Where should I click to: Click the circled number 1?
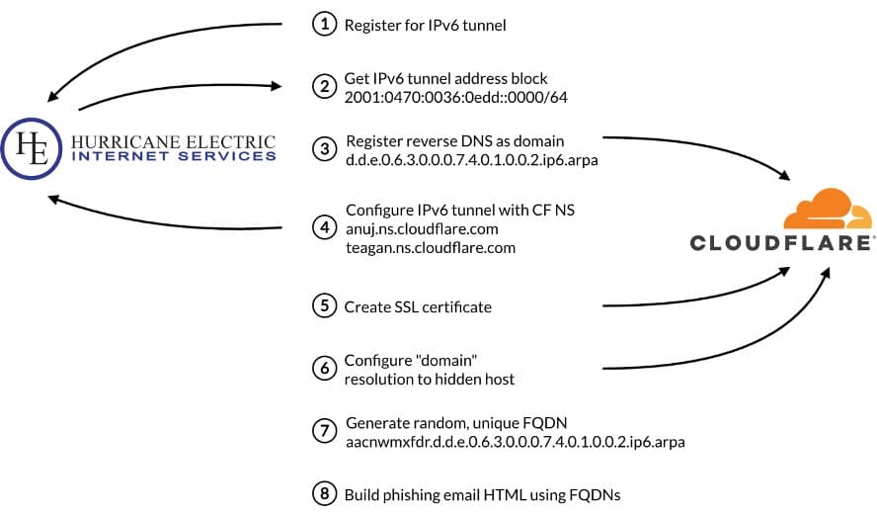[x=324, y=25]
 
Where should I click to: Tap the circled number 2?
[x=324, y=86]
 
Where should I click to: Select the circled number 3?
[x=324, y=148]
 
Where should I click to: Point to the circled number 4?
[x=324, y=227]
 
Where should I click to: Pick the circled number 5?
[x=324, y=306]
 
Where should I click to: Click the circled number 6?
[x=324, y=368]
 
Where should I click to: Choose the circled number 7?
[x=324, y=430]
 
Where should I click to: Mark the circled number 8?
[x=324, y=493]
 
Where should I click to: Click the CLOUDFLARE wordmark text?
[x=780, y=243]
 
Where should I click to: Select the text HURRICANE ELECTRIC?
[x=173, y=141]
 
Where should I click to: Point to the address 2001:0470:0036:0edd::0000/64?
[x=455, y=98]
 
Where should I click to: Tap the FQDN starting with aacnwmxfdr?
[x=515, y=441]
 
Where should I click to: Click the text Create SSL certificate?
[x=417, y=307]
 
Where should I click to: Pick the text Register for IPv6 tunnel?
[x=425, y=26]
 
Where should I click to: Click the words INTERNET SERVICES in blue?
[x=174, y=156]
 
